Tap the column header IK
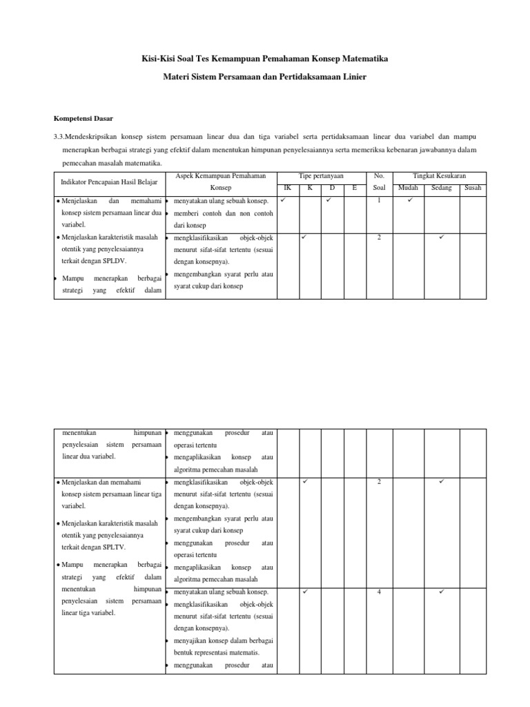coord(288,188)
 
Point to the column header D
coord(332,188)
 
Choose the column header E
coord(354,188)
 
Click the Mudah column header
coord(408,188)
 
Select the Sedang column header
coord(442,188)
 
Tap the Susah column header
coord(473,188)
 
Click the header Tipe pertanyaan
coord(321,177)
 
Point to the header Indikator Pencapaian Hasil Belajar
coord(110,182)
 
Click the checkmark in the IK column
coord(283,200)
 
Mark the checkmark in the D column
coord(328,200)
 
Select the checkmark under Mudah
coord(409,200)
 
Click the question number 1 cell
coord(379,200)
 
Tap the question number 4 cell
coord(379,592)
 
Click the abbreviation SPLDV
coord(114,262)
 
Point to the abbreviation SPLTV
coord(114,545)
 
